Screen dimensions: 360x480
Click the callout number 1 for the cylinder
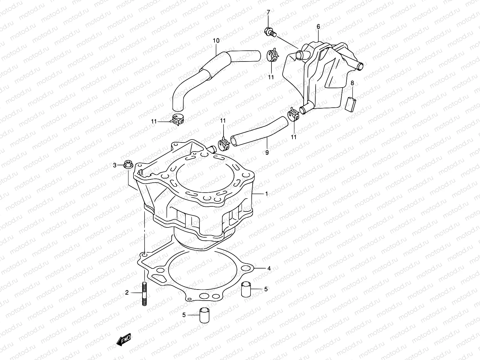point(266,194)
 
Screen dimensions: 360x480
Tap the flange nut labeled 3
point(127,165)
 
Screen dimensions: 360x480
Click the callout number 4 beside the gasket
point(269,268)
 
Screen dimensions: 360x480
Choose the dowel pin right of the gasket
point(246,289)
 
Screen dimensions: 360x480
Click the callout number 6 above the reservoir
point(318,27)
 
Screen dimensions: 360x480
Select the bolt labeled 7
point(269,31)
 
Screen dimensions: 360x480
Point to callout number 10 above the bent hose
point(216,40)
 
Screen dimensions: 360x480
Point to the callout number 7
point(268,12)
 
